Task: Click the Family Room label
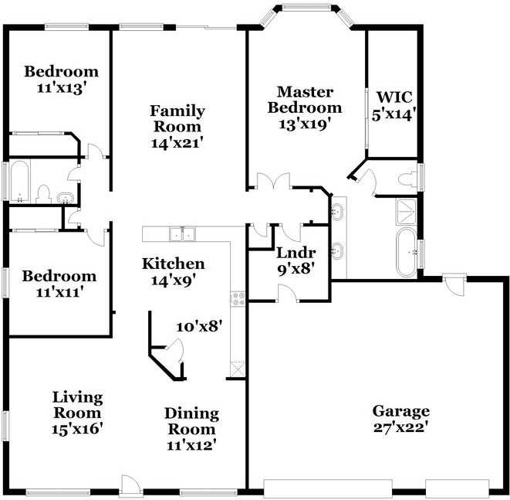(x=177, y=118)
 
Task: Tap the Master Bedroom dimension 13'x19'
(x=305, y=124)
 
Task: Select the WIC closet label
(x=393, y=97)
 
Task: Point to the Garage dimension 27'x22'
(x=400, y=426)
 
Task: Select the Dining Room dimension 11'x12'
(x=191, y=444)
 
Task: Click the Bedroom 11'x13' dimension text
(x=61, y=87)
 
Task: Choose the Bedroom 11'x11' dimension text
(x=59, y=292)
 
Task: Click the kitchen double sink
(x=182, y=233)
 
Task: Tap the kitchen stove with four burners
(x=238, y=298)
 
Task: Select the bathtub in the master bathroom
(x=405, y=253)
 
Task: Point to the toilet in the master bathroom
(x=407, y=179)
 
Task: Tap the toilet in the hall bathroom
(x=44, y=193)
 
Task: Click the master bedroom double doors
(x=274, y=181)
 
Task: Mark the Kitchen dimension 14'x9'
(x=173, y=280)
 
